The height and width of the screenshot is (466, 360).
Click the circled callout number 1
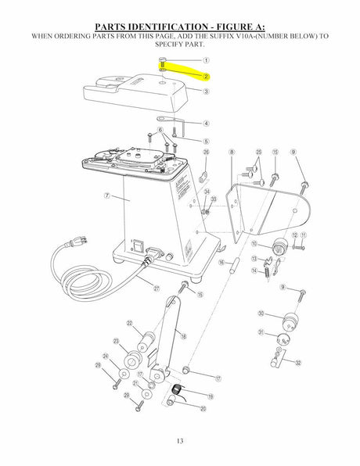pos(206,60)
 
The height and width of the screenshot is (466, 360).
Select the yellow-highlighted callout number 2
pos(206,77)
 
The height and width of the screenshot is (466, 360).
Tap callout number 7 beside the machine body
pos(107,195)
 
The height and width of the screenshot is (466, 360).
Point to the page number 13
pos(180,441)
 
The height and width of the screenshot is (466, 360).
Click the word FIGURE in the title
pos(233,27)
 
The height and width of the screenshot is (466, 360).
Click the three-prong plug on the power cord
pos(77,242)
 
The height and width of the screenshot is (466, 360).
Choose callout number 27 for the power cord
pos(157,289)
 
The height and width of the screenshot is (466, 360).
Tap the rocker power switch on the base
pos(138,246)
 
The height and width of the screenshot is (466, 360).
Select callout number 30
pos(261,314)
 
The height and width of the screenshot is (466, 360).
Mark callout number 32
pos(298,363)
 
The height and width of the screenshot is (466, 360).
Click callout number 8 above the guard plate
pos(232,152)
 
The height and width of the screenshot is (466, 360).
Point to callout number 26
pos(206,152)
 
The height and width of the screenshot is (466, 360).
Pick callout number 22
pos(129,323)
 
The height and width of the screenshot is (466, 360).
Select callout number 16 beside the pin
pos(221,263)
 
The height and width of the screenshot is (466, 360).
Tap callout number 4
pos(206,124)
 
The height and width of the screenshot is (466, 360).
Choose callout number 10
pos(254,244)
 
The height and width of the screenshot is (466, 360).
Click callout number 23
pos(117,341)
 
